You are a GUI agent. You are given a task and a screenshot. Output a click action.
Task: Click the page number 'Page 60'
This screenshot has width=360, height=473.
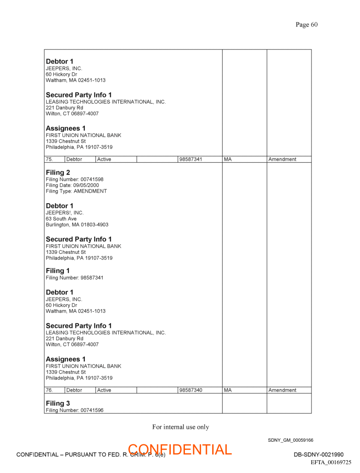(x=306, y=25)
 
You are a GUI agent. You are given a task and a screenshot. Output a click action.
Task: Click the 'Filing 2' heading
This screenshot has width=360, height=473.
(x=58, y=172)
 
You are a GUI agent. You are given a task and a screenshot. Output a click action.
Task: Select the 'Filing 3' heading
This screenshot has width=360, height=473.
(x=58, y=403)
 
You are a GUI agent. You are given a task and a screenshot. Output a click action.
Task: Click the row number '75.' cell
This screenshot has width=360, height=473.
(x=49, y=159)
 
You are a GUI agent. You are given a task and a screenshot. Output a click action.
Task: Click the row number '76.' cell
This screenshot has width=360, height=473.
(x=49, y=390)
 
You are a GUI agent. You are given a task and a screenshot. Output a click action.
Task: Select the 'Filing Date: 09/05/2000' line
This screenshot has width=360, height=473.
(x=72, y=186)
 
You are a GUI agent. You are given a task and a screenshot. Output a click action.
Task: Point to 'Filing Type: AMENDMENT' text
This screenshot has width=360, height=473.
(x=76, y=191)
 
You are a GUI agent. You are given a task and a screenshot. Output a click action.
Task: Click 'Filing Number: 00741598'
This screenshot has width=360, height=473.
(x=75, y=179)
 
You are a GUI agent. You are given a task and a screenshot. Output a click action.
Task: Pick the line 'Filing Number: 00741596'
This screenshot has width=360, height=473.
(x=75, y=410)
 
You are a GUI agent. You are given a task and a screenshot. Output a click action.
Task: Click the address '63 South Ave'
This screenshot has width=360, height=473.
(x=61, y=219)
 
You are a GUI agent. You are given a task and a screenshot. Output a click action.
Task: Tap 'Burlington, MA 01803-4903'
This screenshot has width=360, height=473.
(x=77, y=224)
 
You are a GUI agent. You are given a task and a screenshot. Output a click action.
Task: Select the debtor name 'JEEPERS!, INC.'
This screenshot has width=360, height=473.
(x=64, y=212)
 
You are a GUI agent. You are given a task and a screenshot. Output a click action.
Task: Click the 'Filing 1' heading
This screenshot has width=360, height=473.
(x=58, y=271)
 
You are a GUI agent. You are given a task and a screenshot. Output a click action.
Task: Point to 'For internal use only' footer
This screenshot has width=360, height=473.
(x=180, y=427)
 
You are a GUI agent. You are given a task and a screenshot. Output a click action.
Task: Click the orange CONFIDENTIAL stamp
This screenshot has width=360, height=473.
(x=180, y=450)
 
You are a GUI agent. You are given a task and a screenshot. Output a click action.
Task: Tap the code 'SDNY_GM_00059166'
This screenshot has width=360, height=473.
(x=290, y=440)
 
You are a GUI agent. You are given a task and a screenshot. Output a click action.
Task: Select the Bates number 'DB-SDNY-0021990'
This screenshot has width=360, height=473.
(x=319, y=455)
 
